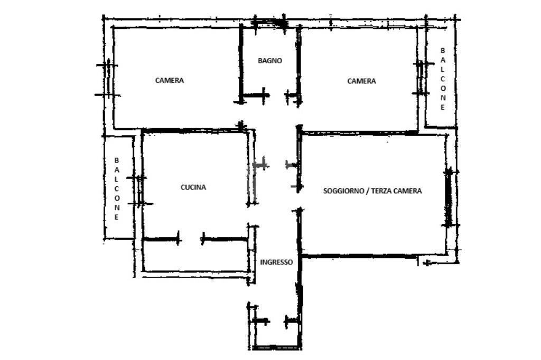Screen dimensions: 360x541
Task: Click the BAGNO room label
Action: coord(269,61)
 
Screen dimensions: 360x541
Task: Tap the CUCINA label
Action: coord(193,187)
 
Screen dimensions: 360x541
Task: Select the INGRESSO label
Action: coord(276,262)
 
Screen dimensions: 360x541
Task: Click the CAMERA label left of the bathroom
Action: coord(170,81)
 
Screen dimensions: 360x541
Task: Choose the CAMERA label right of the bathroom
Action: coord(361,81)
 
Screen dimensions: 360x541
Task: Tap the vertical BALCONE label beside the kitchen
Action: coord(117,188)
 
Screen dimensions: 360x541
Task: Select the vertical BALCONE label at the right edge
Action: coord(443,79)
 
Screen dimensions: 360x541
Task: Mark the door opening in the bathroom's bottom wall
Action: coord(277,96)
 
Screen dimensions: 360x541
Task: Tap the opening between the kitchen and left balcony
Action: coord(139,191)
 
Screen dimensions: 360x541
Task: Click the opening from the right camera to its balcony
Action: coord(421,78)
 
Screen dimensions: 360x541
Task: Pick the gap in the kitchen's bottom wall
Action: coord(191,239)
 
